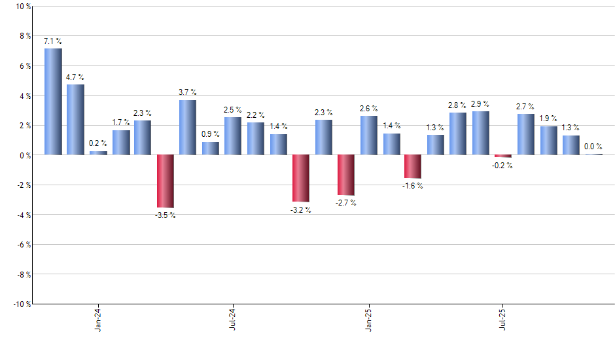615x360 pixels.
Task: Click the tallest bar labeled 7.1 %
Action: [53, 101]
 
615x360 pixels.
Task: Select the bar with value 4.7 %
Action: [75, 120]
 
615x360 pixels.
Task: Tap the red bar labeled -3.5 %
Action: [165, 181]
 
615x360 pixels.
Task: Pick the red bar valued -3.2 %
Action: [300, 178]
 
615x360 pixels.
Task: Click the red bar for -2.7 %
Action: [345, 175]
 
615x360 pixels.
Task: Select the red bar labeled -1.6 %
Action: [413, 166]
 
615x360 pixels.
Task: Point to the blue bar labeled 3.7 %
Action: [188, 127]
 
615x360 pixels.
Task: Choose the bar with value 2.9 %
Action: [481, 133]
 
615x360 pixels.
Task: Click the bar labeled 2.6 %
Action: [368, 135]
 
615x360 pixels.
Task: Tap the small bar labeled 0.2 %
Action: [98, 153]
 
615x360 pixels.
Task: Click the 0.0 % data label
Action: [593, 147]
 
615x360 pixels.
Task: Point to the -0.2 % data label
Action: [503, 166]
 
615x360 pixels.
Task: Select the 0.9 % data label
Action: [210, 134]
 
